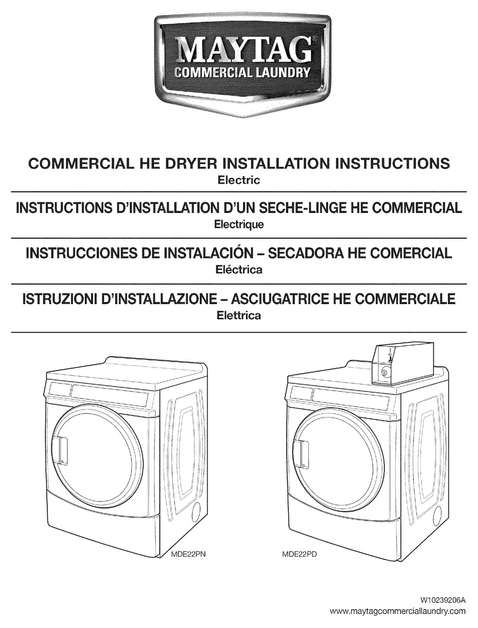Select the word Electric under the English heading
click(238, 180)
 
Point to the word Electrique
click(238, 225)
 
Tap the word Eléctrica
click(238, 270)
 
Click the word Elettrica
click(238, 316)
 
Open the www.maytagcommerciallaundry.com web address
click(401, 611)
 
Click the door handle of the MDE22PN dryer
click(61, 450)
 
